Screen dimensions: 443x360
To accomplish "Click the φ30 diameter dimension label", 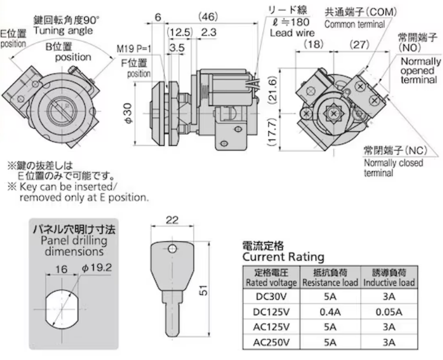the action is (x=128, y=113).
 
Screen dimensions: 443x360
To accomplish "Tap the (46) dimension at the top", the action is (x=208, y=17).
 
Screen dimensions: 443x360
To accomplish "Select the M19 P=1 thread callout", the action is (x=134, y=49).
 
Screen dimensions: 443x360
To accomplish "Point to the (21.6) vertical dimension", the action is (x=272, y=90).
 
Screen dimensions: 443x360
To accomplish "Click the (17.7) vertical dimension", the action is (x=272, y=132).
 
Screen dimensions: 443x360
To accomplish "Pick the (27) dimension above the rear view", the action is (x=359, y=44).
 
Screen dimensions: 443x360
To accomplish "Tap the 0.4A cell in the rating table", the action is (x=330, y=312).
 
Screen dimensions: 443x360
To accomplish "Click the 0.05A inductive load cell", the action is (x=389, y=312).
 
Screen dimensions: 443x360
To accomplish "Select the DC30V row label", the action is (x=271, y=296).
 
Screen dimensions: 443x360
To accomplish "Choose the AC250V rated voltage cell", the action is (x=271, y=342).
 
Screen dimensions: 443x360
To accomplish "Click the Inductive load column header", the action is (x=389, y=278).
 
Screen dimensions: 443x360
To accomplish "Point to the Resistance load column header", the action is (x=330, y=278).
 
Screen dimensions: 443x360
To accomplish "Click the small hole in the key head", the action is (x=172, y=249).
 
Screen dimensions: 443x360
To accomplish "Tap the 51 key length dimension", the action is (x=203, y=290).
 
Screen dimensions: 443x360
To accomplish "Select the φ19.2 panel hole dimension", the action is (x=97, y=267).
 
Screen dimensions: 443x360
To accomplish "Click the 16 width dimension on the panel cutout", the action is (x=61, y=269).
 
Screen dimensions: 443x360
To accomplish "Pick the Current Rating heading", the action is (x=283, y=257).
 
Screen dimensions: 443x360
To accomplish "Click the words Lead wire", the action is (x=292, y=33).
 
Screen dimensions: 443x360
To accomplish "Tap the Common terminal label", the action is (x=355, y=24).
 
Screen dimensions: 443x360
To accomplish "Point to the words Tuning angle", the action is (x=63, y=30).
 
